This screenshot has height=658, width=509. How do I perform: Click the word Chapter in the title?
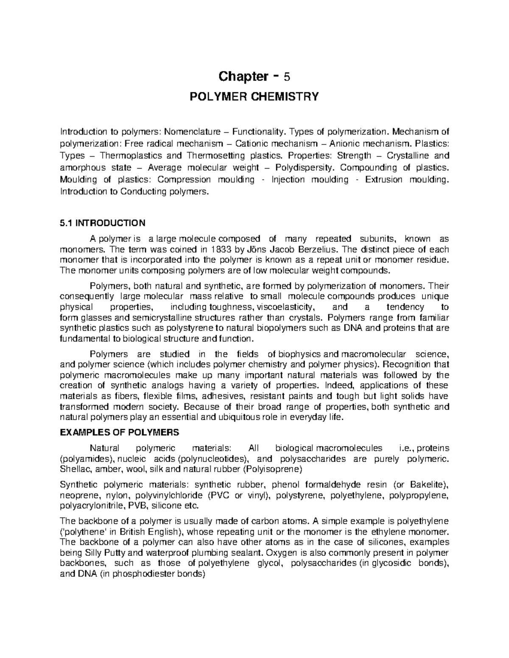[240, 77]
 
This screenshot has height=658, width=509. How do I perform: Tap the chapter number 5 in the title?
[287, 77]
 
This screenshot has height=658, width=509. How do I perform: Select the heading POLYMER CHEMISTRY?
[254, 97]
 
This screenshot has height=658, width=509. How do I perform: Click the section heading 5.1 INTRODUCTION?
[103, 223]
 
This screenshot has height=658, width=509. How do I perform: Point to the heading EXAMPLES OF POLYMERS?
[120, 433]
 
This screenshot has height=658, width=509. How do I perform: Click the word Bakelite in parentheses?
[425, 485]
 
